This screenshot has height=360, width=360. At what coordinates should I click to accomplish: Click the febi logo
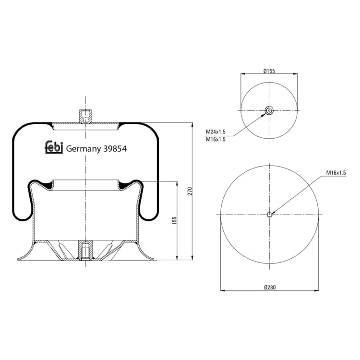tap(53, 147)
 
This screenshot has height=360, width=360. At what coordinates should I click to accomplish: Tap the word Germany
tap(84, 149)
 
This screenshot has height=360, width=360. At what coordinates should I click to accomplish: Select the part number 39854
tap(115, 148)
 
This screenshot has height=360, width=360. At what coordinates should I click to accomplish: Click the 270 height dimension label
tap(190, 191)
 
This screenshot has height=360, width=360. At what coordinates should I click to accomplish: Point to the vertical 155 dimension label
tap(175, 220)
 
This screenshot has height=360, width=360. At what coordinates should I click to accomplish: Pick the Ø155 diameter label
tap(269, 71)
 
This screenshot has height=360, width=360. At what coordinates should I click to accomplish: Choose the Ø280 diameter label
tap(270, 287)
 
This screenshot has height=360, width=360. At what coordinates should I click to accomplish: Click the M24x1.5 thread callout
tap(216, 132)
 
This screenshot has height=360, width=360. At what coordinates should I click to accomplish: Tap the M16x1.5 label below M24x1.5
tap(216, 139)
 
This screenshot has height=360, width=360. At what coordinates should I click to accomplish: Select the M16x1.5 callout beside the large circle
tap(336, 173)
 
